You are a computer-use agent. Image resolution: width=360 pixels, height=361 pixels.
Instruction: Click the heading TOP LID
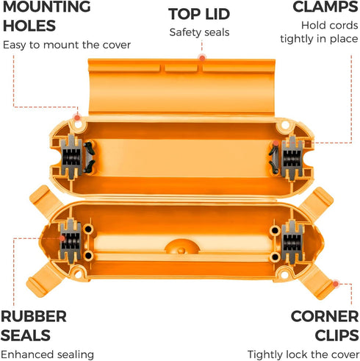coord(199,14)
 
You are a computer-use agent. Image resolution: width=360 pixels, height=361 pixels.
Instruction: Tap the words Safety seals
coord(199,32)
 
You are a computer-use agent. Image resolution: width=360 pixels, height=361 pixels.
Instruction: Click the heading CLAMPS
coord(325,7)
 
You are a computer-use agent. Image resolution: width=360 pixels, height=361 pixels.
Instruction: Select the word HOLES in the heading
coord(29,26)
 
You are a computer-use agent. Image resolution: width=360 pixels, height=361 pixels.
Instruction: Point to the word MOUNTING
coord(47,7)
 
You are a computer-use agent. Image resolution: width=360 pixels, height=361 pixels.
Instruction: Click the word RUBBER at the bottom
coord(34,316)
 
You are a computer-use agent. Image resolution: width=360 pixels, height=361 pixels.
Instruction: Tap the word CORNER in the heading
coord(325,316)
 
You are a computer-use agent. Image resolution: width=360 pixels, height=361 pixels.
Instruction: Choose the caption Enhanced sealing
coord(47,354)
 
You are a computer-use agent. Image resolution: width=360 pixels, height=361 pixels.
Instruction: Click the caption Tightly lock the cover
coord(303,354)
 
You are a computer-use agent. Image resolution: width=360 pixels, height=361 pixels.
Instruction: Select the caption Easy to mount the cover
coord(67,45)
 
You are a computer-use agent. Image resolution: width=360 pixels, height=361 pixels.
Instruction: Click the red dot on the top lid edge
coord(202,58)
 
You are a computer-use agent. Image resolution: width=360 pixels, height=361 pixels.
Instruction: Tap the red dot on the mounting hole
coord(77,118)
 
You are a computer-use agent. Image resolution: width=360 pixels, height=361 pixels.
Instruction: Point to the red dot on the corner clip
coord(336,284)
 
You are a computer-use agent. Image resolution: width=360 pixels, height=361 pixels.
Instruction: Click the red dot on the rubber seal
coord(62,238)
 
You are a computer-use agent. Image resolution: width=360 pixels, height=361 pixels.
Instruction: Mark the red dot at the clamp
coord(276,143)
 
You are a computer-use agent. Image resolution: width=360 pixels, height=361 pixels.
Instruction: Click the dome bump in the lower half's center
coord(181,247)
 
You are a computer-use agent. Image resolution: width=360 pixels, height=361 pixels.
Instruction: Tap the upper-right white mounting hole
coord(285,125)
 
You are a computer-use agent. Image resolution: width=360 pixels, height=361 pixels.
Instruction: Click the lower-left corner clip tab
coord(42,282)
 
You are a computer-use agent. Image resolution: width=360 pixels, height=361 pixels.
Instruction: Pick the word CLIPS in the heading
coord(336,335)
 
